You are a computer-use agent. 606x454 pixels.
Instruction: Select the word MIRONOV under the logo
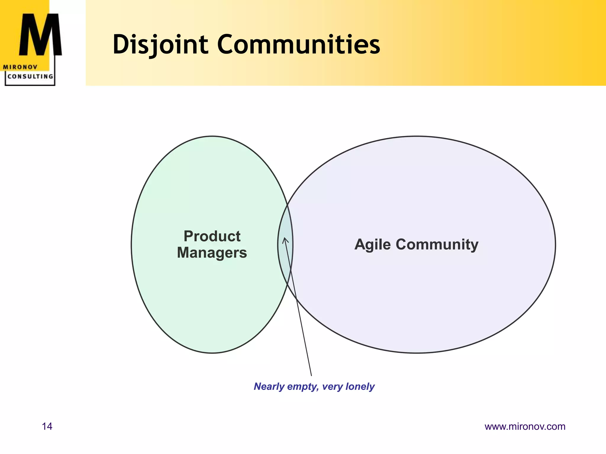pos(20,67)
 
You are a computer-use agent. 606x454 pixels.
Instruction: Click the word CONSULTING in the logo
pos(30,77)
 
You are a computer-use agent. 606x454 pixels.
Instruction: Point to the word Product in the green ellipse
pos(212,236)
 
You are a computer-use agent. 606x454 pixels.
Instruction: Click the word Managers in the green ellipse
pos(212,253)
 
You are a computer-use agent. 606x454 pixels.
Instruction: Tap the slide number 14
pos(47,426)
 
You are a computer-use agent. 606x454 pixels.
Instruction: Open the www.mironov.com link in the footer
pos(525,426)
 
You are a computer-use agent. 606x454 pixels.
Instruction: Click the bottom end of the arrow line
pos(311,375)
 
